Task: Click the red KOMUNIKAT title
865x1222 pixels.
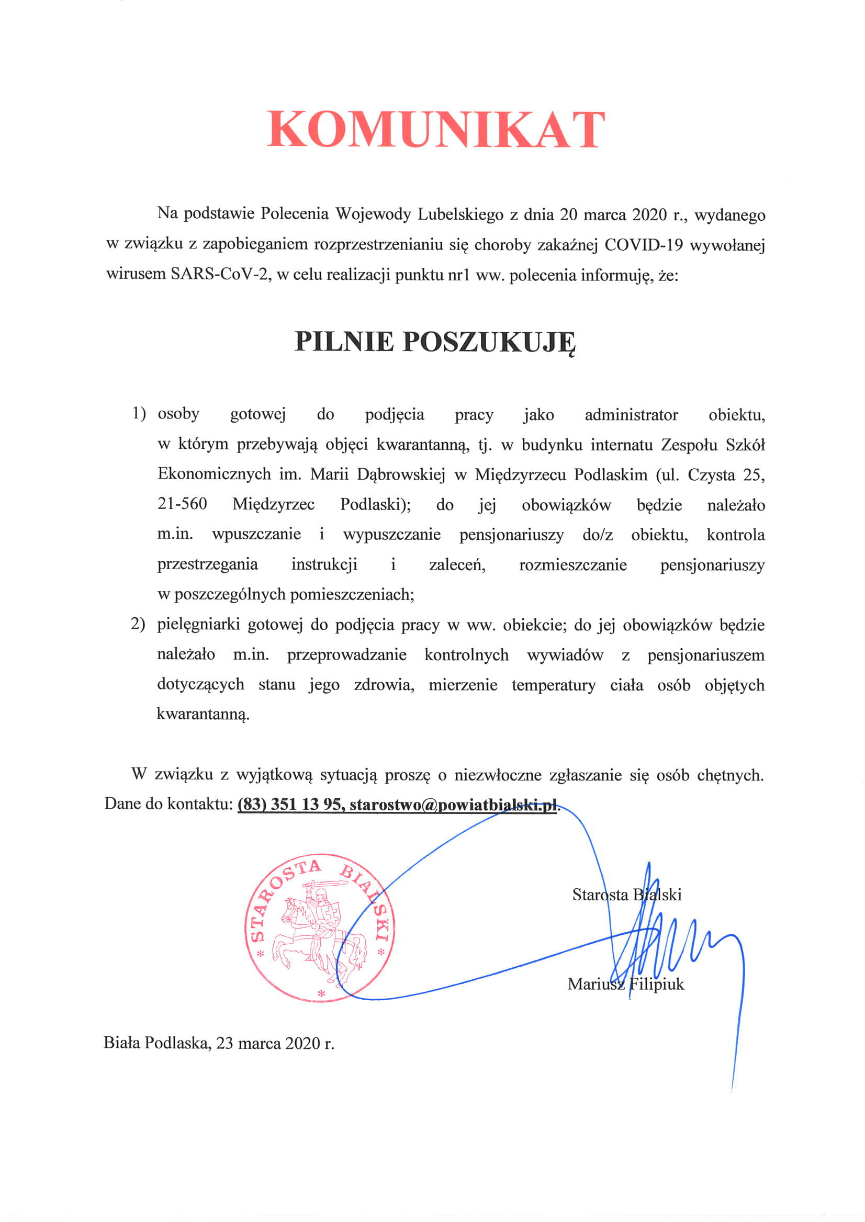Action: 436,129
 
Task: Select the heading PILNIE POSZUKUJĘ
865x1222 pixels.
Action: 435,342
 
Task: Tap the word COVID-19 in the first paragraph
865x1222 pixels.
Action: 644,245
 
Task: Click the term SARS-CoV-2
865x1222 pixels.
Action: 218,275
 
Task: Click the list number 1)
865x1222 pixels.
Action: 139,413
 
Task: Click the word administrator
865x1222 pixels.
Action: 631,414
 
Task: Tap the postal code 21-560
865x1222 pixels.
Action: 182,504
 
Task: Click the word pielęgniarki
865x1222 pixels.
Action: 198,625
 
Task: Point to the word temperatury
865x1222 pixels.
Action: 554,685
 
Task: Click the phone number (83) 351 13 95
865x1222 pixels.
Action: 289,804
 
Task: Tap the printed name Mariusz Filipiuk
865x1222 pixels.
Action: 625,984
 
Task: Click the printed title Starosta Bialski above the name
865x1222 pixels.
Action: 626,895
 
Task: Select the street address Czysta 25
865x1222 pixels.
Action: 726,474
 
